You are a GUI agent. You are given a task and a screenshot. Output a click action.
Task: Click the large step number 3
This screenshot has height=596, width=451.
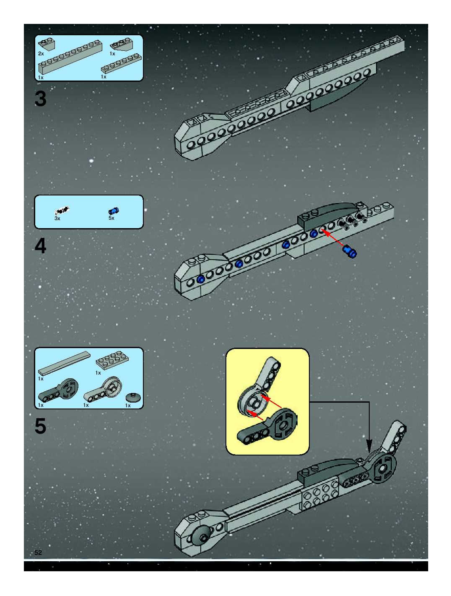coord(40,99)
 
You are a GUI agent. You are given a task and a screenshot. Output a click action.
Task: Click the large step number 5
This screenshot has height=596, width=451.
coord(40,426)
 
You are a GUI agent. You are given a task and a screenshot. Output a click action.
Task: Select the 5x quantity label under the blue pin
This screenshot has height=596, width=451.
coord(111,218)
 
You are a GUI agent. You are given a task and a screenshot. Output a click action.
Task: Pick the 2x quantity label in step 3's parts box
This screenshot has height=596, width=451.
coord(41,54)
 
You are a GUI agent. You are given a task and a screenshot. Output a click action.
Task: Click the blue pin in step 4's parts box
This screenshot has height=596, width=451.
coord(114,211)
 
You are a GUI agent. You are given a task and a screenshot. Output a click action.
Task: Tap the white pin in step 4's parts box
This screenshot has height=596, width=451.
coord(62,209)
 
